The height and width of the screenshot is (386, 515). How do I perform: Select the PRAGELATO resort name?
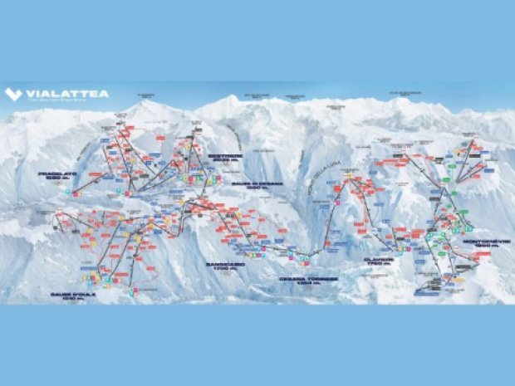[x=56, y=173]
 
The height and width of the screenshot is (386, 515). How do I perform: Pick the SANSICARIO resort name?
[x=223, y=265]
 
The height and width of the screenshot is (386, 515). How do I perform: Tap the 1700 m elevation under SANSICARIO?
[x=223, y=270]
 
